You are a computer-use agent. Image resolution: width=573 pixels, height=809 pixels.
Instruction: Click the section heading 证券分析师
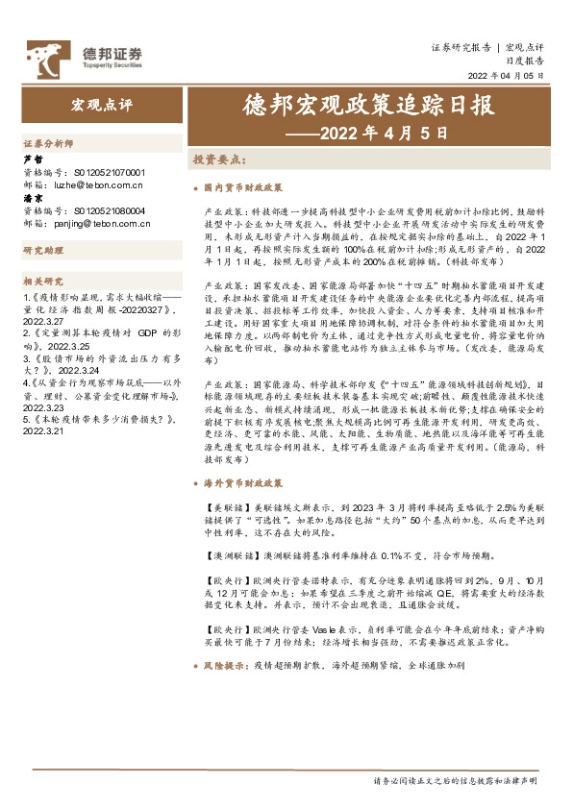[48, 142]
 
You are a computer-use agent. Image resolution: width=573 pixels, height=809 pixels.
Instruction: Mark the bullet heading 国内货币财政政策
[242, 187]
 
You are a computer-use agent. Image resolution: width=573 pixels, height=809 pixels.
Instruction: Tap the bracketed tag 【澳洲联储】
[231, 556]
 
